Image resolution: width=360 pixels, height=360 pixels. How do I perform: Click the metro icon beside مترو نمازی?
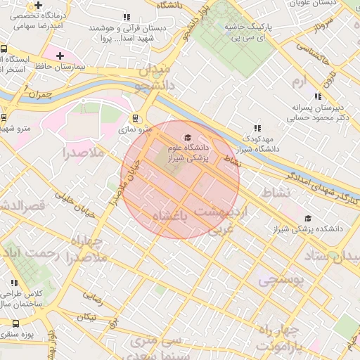135,119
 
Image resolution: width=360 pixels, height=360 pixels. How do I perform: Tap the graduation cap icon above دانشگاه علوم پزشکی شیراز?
187,137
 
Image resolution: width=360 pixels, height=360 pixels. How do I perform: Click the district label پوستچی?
280,281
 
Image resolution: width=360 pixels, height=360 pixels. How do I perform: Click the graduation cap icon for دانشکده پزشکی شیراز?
309,219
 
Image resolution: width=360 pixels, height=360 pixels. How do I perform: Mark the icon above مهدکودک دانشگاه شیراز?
257,128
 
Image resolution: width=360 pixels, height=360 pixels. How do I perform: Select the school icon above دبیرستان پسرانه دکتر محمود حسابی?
318,96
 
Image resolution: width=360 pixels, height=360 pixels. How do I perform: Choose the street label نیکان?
87,317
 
